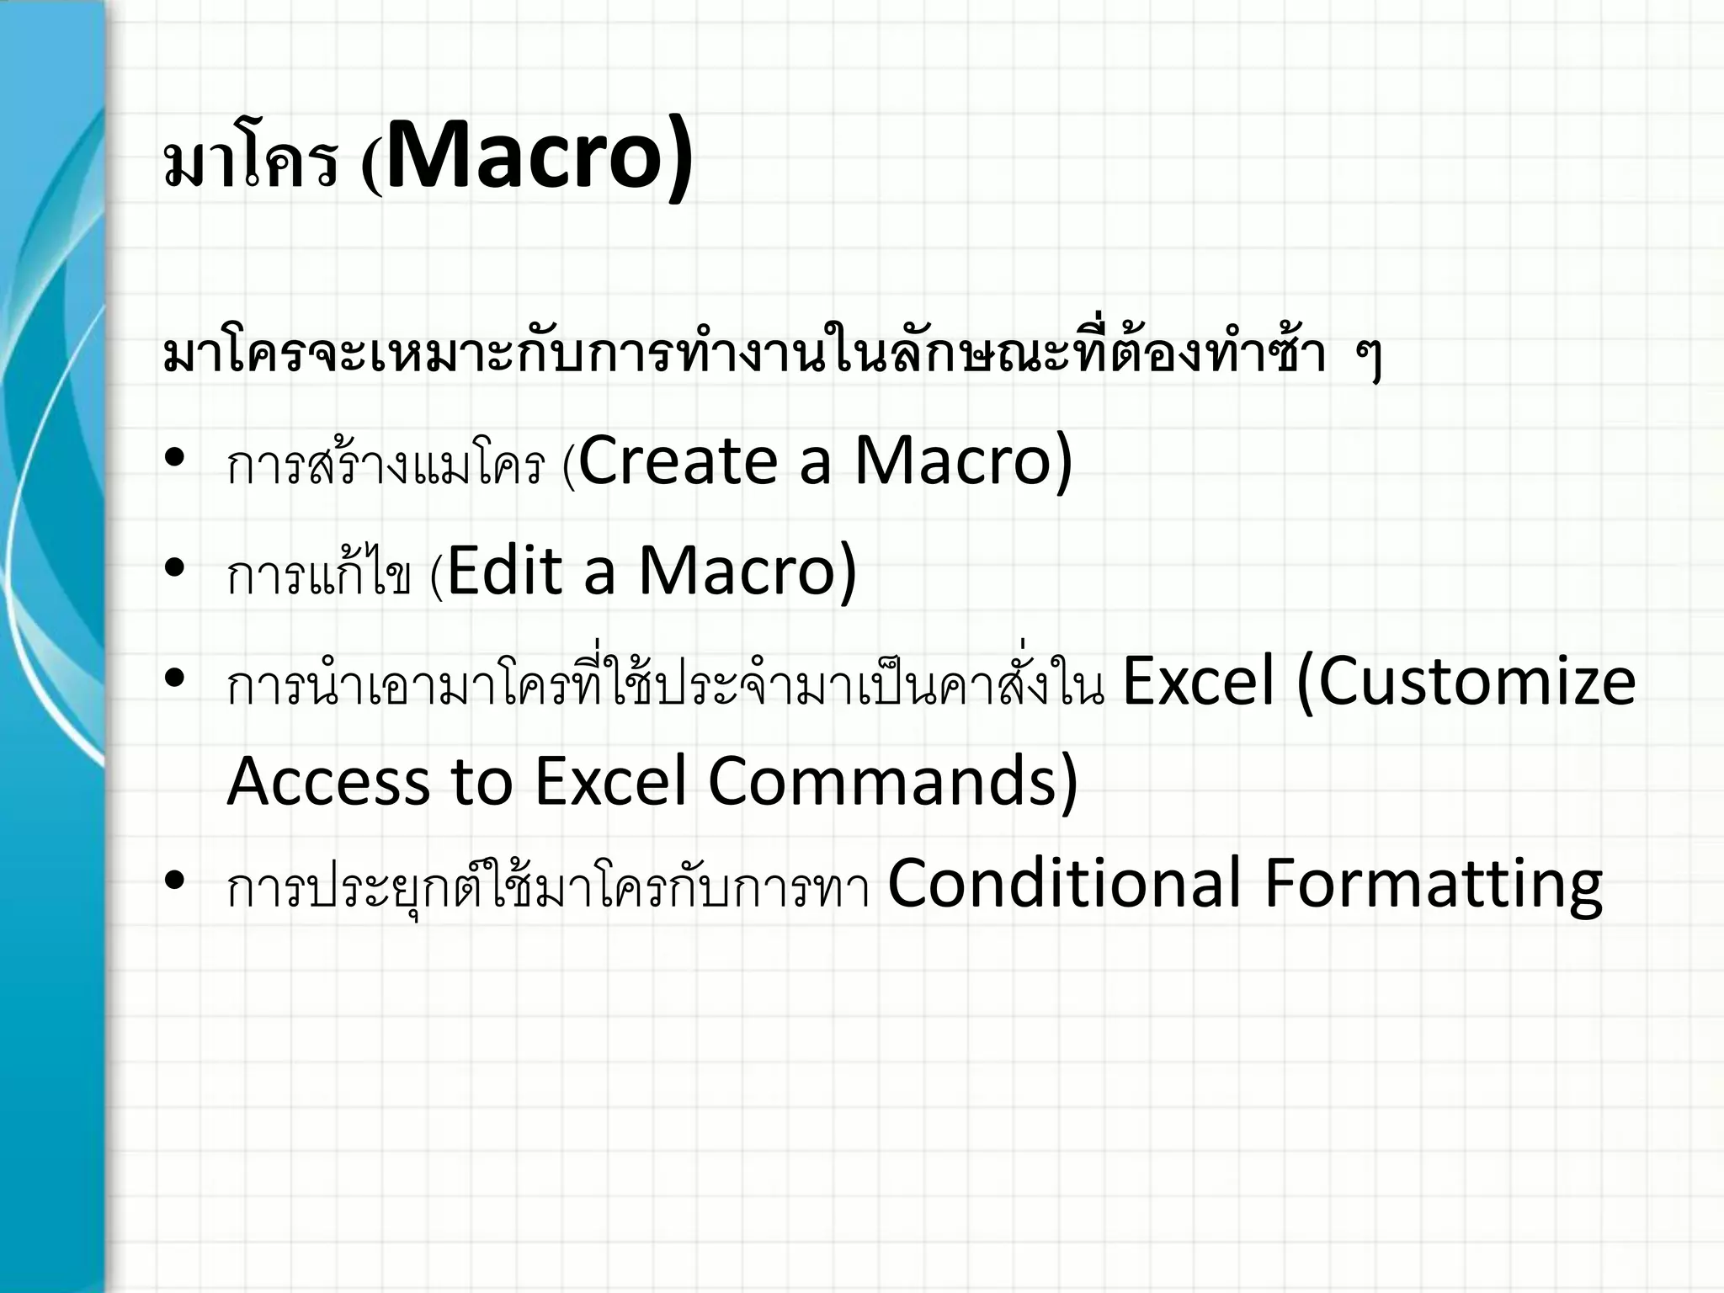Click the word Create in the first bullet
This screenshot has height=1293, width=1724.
click(678, 461)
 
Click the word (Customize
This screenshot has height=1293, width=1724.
click(1466, 682)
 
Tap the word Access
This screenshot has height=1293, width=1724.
click(328, 781)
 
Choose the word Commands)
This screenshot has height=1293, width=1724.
click(892, 781)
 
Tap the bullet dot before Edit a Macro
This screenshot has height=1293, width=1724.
click(175, 567)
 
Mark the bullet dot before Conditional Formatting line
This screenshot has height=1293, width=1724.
click(175, 881)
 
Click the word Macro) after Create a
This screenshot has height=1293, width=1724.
click(964, 461)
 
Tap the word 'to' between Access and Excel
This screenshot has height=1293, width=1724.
click(482, 781)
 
